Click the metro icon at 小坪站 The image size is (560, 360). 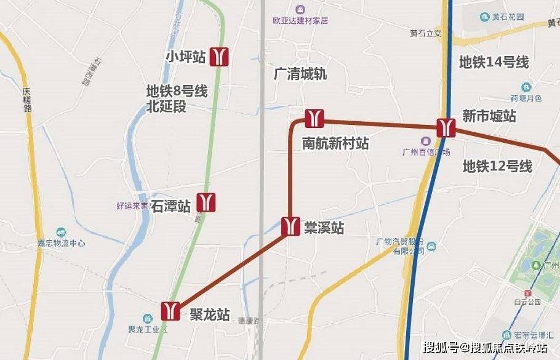click(220, 57)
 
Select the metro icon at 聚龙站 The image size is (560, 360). click(170, 310)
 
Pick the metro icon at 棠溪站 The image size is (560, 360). click(290, 226)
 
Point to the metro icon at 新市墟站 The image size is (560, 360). click(446, 127)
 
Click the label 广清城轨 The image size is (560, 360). click(300, 74)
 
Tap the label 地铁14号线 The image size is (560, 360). click(494, 62)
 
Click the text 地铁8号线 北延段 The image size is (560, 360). click(177, 98)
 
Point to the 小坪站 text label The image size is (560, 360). click(185, 57)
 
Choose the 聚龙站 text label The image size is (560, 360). click(209, 315)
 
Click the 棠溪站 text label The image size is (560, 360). click(324, 228)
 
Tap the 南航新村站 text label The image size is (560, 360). click(335, 143)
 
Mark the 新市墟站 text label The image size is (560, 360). click(489, 116)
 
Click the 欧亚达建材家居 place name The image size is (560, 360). click(300, 20)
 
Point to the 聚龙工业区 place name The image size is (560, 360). click(148, 329)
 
